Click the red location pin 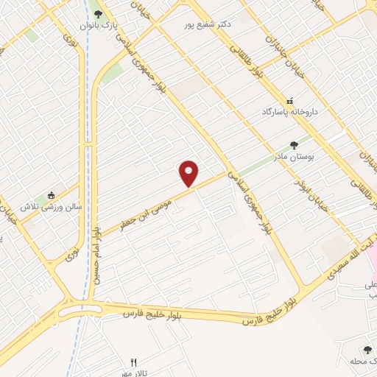[x=189, y=173]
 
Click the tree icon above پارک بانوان [x=98, y=13]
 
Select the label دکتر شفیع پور [x=208, y=24]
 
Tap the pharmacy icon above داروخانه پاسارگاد [x=289, y=100]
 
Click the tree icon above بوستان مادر [x=295, y=144]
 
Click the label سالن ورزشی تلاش [x=49, y=207]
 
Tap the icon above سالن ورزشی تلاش [x=51, y=195]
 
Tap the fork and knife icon [x=133, y=362]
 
